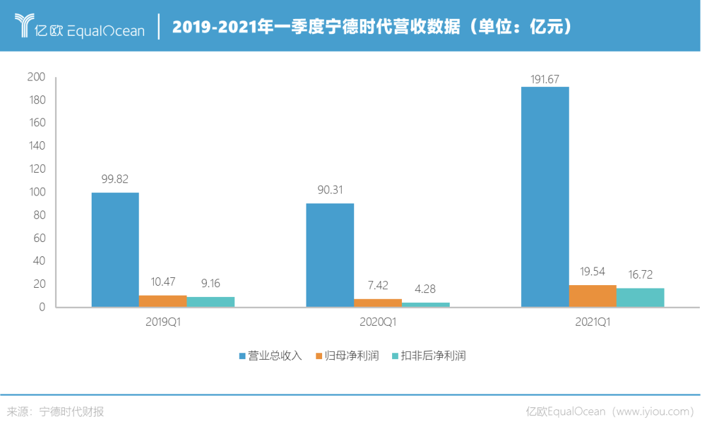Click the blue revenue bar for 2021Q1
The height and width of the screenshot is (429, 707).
(x=545, y=196)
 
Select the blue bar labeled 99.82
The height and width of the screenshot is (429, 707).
(x=115, y=249)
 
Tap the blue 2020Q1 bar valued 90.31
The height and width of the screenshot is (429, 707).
(x=330, y=254)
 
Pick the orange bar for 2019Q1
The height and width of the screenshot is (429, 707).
(x=163, y=301)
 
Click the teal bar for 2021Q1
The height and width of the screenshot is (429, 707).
(x=640, y=297)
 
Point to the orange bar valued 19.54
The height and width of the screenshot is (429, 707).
(x=592, y=296)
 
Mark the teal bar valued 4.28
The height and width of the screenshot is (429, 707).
(x=426, y=304)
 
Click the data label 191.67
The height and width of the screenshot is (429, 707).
(x=545, y=79)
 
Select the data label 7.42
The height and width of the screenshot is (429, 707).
(x=378, y=286)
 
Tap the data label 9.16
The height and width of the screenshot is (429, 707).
(x=211, y=284)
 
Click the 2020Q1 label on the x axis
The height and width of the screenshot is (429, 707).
(x=378, y=322)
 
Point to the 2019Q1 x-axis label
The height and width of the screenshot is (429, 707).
(x=163, y=322)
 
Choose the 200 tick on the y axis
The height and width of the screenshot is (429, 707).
(x=36, y=77)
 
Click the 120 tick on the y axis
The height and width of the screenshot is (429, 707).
(x=36, y=169)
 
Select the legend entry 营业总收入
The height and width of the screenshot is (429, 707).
(x=274, y=356)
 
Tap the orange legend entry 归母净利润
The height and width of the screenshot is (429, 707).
(x=352, y=356)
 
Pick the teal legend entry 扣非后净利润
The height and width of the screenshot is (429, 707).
(x=433, y=356)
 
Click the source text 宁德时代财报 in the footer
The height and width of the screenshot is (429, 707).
(x=71, y=412)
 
